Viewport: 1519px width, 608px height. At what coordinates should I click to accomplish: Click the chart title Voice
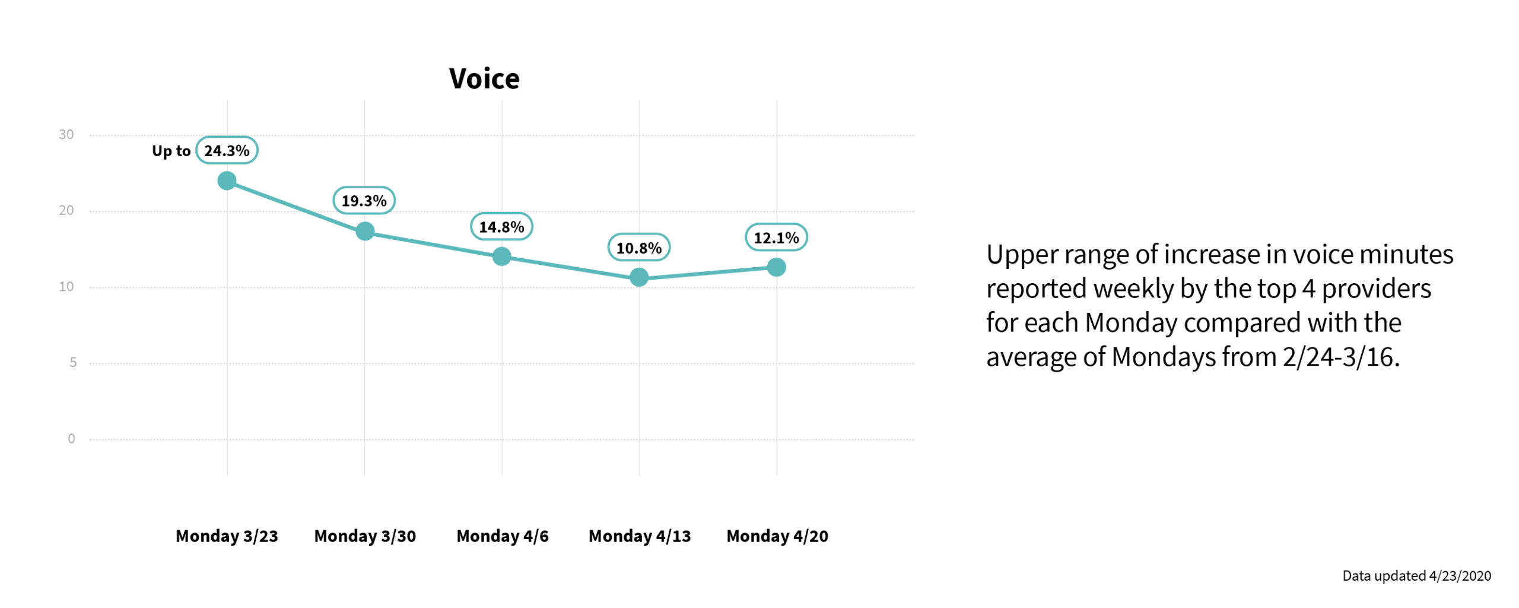point(484,78)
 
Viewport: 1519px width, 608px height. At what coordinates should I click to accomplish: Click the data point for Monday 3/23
point(227,180)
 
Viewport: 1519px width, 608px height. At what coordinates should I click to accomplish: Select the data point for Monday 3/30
point(365,231)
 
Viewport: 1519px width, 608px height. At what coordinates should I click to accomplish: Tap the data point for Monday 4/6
point(502,256)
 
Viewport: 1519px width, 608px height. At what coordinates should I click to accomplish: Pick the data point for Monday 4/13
point(639,277)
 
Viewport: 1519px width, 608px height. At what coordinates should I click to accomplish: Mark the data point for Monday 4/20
point(776,267)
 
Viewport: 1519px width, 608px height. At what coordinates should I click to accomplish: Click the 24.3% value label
point(227,151)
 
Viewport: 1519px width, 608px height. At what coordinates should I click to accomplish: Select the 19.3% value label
point(364,201)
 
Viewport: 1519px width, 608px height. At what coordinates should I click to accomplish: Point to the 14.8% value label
point(501,227)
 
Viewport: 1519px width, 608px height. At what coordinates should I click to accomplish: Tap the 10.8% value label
point(638,248)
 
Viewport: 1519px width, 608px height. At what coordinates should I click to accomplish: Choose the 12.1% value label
point(776,237)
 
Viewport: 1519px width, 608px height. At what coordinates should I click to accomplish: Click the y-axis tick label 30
point(66,135)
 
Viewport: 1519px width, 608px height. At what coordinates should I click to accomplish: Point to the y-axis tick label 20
point(66,210)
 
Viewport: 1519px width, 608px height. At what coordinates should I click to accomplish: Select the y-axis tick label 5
point(73,362)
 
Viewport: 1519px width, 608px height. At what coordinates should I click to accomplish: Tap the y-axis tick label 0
point(71,439)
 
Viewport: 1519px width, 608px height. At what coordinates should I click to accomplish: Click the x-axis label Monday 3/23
point(227,536)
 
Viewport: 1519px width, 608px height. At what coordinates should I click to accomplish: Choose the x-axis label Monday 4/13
point(640,536)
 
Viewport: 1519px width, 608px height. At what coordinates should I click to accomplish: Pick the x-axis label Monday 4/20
point(777,536)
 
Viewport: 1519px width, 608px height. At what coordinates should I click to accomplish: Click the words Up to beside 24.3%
point(171,151)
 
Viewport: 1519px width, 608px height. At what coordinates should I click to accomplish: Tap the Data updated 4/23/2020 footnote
point(1416,575)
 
